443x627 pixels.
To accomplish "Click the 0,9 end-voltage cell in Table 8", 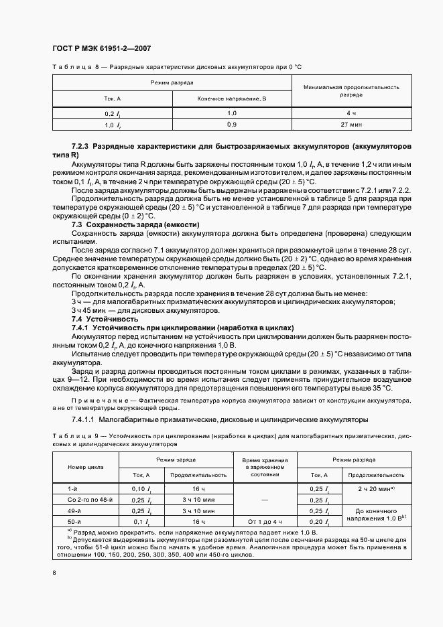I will click(232, 125).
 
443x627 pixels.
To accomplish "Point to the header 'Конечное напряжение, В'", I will click(232, 98).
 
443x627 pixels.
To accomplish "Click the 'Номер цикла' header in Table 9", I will click(85, 466).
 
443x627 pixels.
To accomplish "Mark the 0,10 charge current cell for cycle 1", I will click(139, 488).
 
